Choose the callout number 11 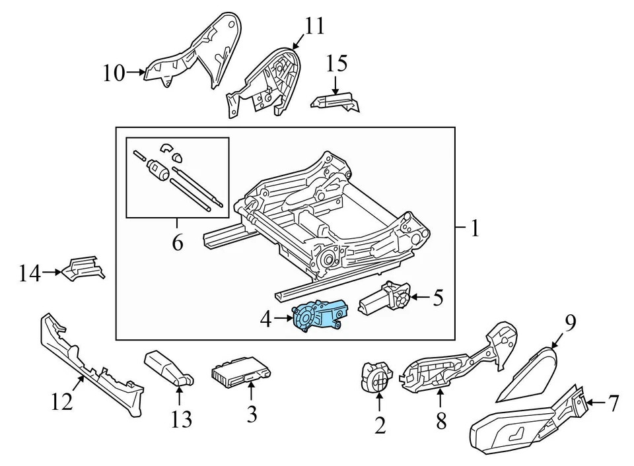(x=314, y=26)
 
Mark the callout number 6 (x=177, y=243)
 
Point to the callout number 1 (x=474, y=228)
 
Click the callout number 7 (x=614, y=401)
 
